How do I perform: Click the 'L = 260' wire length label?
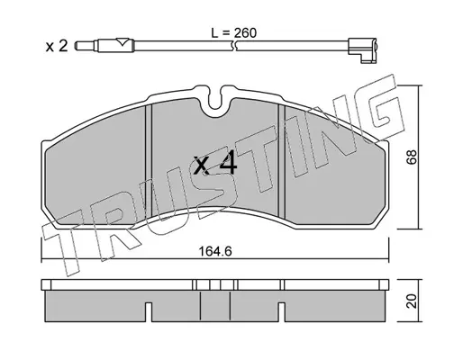(234, 33)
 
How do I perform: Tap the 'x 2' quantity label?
(57, 46)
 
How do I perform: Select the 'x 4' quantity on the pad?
(215, 164)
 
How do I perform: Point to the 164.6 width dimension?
(215, 251)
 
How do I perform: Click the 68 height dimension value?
(412, 157)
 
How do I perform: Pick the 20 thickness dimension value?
(412, 301)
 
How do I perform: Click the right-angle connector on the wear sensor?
(362, 50)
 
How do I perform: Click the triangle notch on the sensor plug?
(123, 41)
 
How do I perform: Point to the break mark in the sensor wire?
(234, 46)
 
